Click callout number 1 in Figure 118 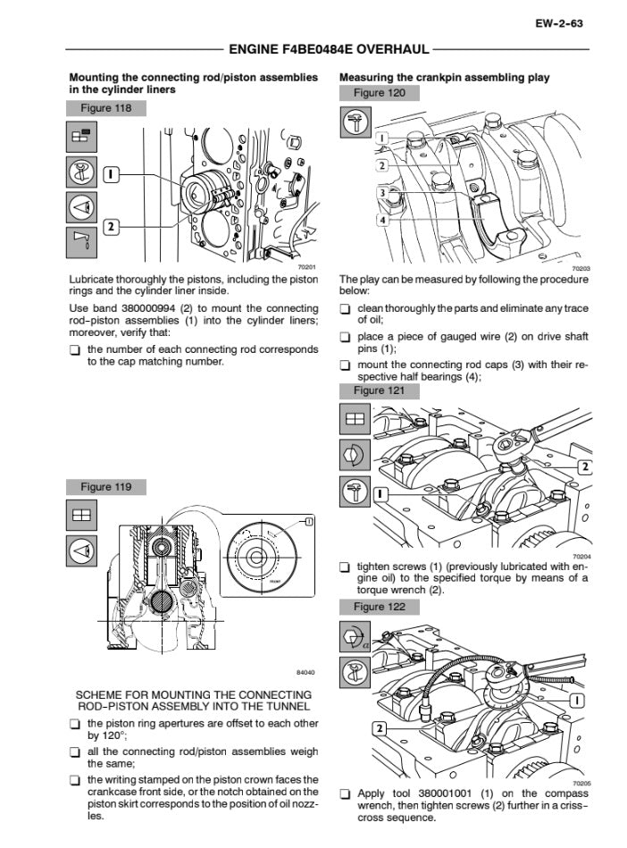(x=110, y=174)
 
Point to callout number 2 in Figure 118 (x=110, y=226)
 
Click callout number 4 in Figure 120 (x=381, y=219)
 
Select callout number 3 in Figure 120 (x=381, y=192)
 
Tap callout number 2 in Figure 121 (x=584, y=466)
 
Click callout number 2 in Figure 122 (x=380, y=729)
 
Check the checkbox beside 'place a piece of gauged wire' (x=345, y=337)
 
